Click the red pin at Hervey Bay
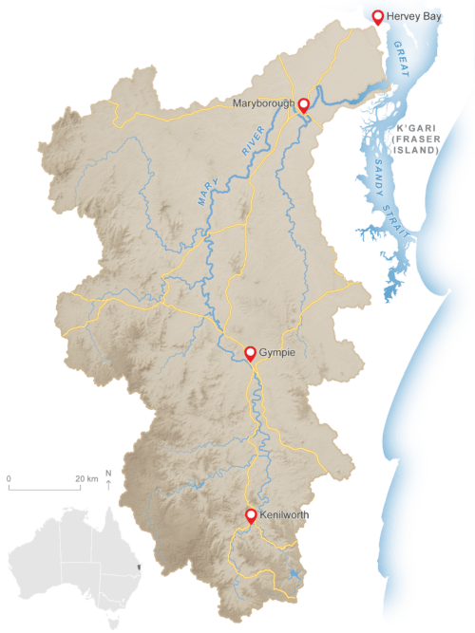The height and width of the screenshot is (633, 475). [x=377, y=15]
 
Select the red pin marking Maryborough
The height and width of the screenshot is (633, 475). [x=304, y=104]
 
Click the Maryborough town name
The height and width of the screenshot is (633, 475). [x=263, y=102]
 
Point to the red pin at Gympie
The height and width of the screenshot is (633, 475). [x=250, y=353]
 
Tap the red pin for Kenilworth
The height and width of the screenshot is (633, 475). [x=251, y=515]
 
